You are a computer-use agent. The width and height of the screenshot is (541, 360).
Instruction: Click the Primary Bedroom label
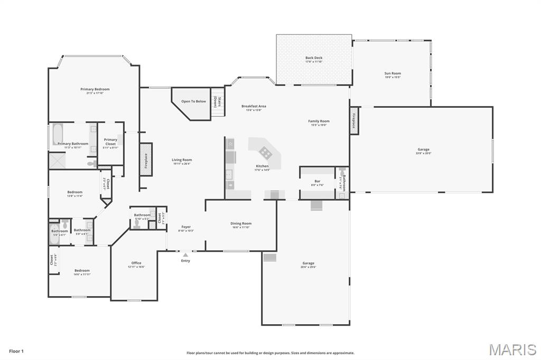coord(95,89)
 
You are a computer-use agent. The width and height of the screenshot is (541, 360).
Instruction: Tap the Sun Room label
coord(393,73)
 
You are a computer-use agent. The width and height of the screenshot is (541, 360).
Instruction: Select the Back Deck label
coord(314,58)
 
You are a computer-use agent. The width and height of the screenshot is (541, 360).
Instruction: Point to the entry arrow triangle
coord(185,255)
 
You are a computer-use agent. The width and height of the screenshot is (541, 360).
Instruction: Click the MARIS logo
coord(512,349)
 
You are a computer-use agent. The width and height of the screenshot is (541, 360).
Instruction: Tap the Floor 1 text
coord(16,351)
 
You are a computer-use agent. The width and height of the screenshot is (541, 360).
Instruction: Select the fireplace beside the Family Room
coord(354,120)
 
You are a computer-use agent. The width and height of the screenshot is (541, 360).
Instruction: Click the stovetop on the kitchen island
coord(266,153)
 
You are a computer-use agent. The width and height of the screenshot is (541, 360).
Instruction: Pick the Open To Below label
coord(194,101)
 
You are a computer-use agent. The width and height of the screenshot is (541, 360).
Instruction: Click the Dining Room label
coord(241,223)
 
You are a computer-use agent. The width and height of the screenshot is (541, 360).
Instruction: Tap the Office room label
coord(136,263)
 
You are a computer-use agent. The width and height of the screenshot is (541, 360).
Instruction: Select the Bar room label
coord(318,182)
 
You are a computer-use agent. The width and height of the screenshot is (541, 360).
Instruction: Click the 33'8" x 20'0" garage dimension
coord(424,153)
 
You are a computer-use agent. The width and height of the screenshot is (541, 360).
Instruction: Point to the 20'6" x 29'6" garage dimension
coord(309,267)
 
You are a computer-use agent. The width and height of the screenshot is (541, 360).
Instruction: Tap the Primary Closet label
coord(110,141)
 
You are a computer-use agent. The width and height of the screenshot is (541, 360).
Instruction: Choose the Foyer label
coord(186,227)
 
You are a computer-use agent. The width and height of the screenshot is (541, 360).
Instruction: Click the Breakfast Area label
coord(254,106)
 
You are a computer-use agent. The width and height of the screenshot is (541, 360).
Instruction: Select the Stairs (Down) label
coord(215,101)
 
